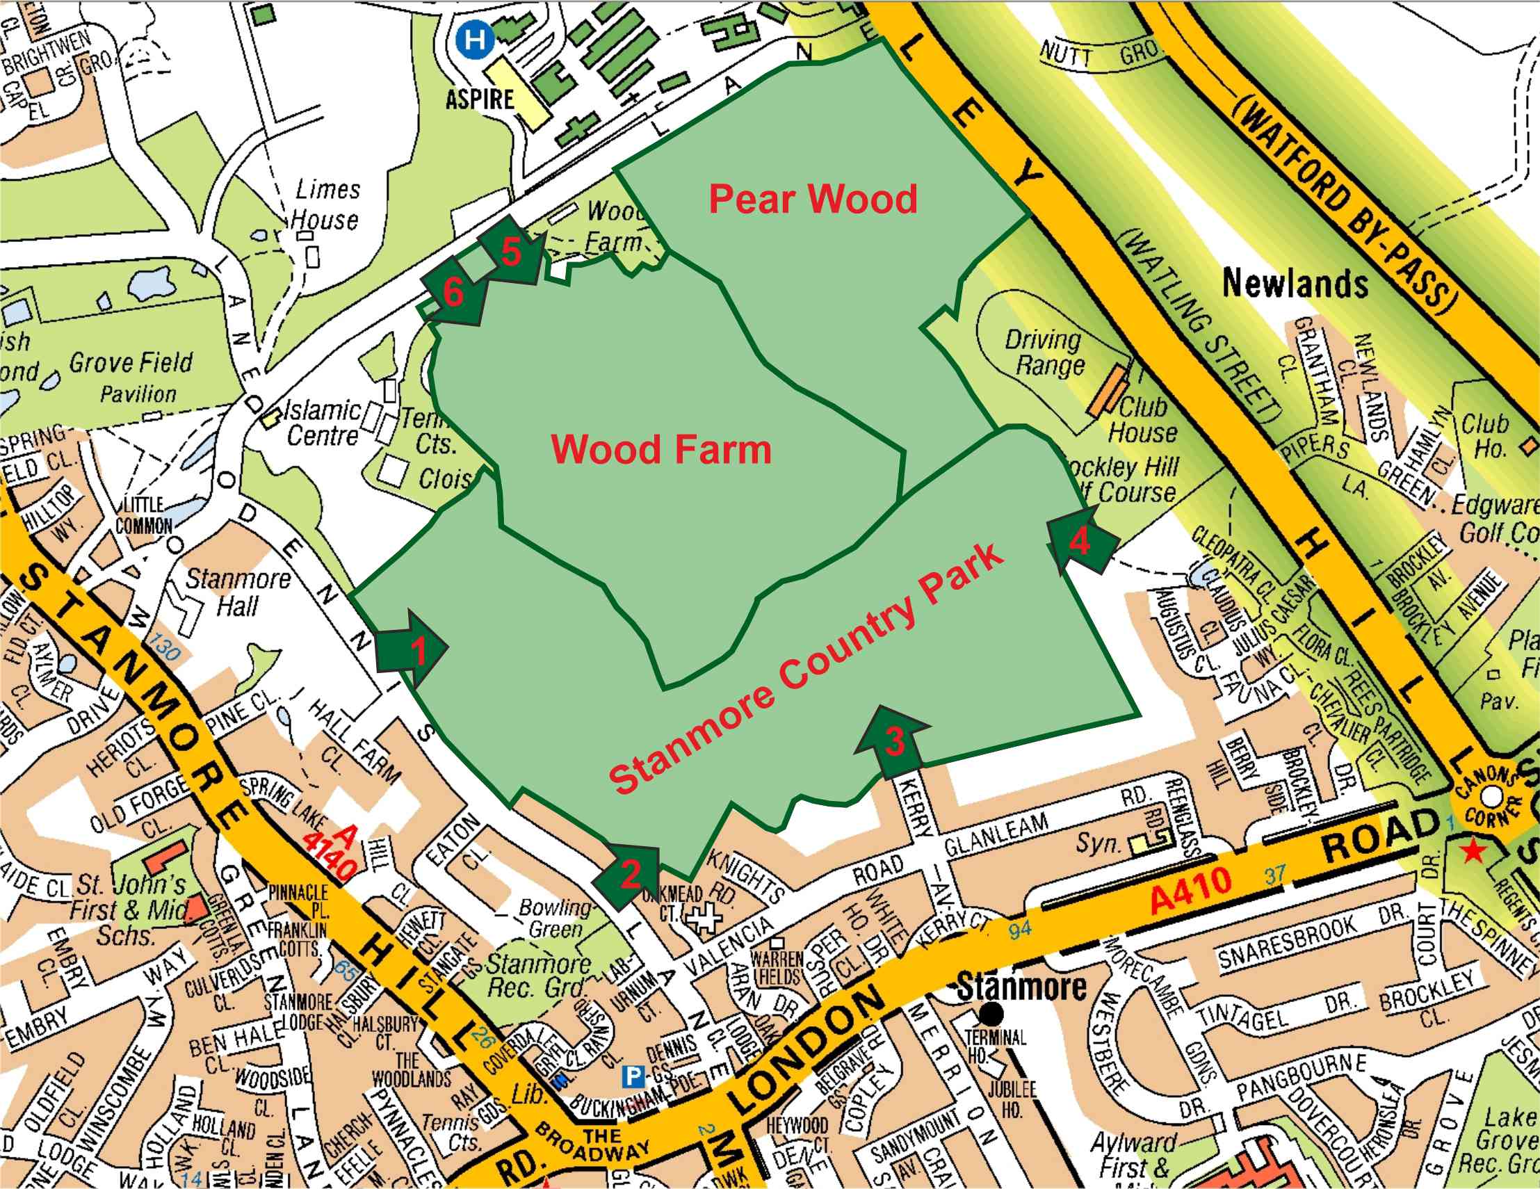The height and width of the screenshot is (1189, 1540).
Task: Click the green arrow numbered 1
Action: coord(412,649)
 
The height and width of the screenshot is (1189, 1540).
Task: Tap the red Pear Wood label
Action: coord(812,199)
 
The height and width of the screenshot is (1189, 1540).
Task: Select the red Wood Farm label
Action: coord(660,449)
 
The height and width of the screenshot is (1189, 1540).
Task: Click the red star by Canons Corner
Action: coord(1472,852)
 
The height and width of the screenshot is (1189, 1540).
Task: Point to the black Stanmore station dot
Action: coord(991,1014)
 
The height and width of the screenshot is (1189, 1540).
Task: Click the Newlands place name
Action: coord(1295,284)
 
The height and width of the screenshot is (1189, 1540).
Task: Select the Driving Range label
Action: coord(1046,353)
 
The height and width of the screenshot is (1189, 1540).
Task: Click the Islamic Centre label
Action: coord(322,423)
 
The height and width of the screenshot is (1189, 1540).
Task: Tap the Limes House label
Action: coord(327,204)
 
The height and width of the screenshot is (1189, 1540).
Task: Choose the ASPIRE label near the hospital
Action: coord(480,99)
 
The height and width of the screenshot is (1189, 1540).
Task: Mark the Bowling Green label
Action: coord(554,919)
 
